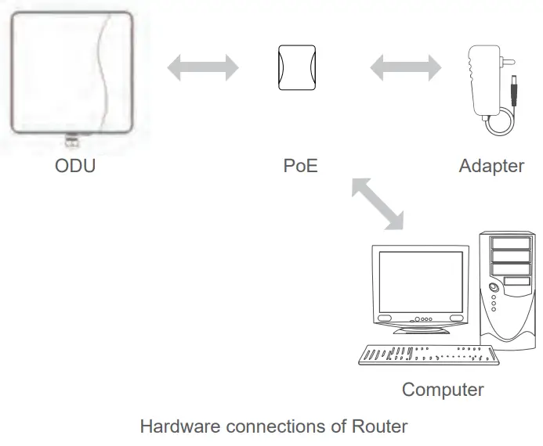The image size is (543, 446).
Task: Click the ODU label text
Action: [75, 166]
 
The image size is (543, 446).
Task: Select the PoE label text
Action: [300, 166]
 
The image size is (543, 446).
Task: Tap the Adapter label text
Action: [491, 166]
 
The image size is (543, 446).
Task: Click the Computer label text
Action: [443, 389]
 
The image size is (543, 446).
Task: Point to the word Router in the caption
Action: [380, 426]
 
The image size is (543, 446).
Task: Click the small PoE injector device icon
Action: [298, 68]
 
